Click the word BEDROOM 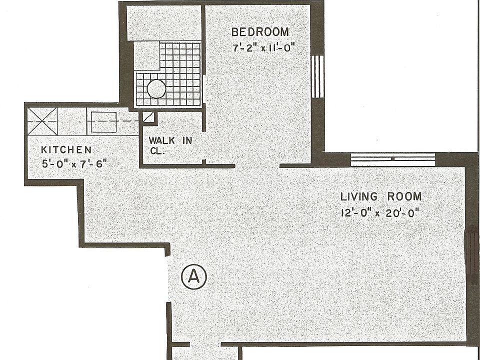(x=260, y=32)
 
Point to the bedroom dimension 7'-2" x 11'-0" (x=264, y=48)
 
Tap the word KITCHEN (x=66, y=149)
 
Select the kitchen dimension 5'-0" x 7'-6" (x=75, y=163)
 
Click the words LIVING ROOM (x=381, y=196)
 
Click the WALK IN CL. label (x=170, y=145)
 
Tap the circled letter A (x=193, y=276)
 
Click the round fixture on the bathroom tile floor (x=156, y=89)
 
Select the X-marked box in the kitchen (x=42, y=121)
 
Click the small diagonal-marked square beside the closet (x=149, y=118)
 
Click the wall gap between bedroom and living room (x=257, y=165)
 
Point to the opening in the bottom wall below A (x=205, y=344)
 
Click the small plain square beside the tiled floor (x=146, y=56)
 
